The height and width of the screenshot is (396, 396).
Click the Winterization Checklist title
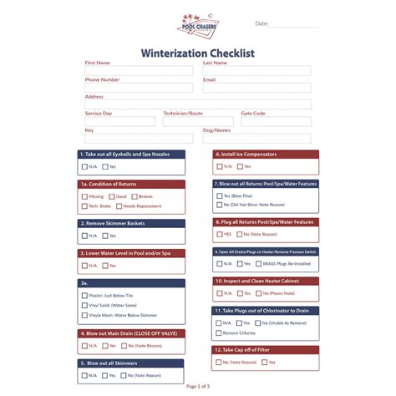coord(197,53)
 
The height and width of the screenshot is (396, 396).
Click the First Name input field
coord(138,71)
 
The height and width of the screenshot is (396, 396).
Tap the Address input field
coord(197,104)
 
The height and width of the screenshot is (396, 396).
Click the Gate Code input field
coord(276,121)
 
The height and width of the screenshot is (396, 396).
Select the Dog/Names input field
coord(256,139)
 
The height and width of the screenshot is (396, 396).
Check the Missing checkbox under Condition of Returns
coord(85,196)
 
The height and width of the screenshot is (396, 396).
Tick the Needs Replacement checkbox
coord(119,206)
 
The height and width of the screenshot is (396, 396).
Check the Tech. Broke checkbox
coord(85,206)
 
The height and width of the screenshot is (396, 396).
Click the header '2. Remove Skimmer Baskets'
coord(132,223)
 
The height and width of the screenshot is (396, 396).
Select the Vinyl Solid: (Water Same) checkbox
coord(85,306)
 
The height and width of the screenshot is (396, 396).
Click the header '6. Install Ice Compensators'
coord(265,155)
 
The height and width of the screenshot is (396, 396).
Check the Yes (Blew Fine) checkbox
coord(219,195)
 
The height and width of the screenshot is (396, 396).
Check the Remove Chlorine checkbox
coord(219,333)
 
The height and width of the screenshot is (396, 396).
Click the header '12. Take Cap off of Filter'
coord(265,350)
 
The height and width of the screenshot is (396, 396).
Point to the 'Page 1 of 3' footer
coord(198,386)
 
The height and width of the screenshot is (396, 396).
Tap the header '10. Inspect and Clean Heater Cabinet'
coord(265,282)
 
